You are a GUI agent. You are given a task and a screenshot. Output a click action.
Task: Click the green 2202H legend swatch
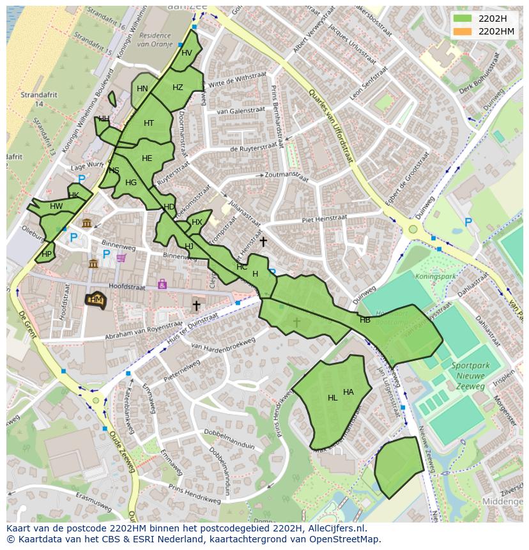(463, 19)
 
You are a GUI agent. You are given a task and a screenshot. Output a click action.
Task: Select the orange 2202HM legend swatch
(463, 31)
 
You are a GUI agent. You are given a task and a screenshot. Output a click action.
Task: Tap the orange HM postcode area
(95, 300)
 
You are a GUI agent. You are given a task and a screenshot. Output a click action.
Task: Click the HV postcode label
(187, 53)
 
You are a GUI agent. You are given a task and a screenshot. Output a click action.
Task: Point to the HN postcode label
(142, 89)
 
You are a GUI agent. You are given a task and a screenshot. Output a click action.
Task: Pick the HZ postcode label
(178, 88)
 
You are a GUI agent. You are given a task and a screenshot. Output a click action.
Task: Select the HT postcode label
(149, 123)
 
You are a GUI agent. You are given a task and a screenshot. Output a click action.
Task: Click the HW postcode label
(56, 206)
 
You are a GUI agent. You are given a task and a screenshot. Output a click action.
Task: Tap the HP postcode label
(46, 254)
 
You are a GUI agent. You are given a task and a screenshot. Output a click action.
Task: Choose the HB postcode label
(365, 320)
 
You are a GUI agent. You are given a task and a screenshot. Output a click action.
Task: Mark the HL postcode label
(332, 398)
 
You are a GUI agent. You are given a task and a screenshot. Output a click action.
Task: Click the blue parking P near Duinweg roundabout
(468, 222)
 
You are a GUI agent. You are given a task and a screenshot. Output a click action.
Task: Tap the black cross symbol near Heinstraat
(263, 241)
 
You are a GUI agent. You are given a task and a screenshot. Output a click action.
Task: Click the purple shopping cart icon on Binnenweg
(121, 257)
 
